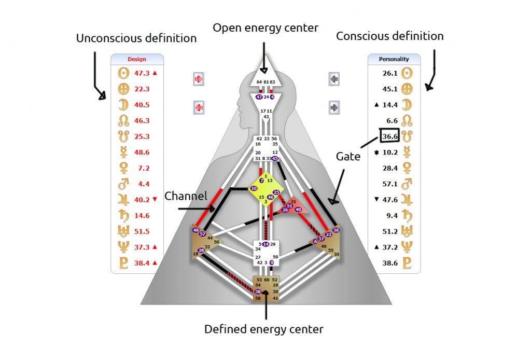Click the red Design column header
click(137, 59)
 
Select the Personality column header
click(394, 59)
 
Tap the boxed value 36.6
click(389, 136)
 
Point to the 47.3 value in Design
click(142, 73)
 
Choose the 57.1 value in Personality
click(390, 184)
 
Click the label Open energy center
click(265, 28)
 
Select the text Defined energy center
click(264, 329)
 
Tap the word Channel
click(186, 196)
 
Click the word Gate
click(348, 157)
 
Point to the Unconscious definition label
click(136, 38)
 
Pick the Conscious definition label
click(390, 36)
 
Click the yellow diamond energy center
click(266, 189)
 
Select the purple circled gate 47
click(259, 97)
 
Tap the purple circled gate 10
click(254, 188)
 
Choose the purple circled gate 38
click(258, 292)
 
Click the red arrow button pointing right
click(199, 79)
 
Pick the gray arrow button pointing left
click(334, 79)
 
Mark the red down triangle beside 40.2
click(155, 200)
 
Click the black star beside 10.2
click(376, 153)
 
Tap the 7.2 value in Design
click(144, 168)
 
